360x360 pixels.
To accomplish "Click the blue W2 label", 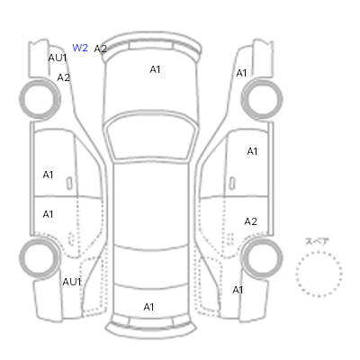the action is (x=80, y=48).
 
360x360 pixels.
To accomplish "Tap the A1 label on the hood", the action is (x=155, y=69).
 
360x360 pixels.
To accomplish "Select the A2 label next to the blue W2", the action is (x=100, y=49).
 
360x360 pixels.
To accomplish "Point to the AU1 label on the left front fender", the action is (x=58, y=58).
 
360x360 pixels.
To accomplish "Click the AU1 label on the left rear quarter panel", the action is (x=72, y=282).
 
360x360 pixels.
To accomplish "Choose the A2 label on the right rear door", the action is (x=251, y=221).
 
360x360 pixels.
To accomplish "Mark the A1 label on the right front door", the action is (x=252, y=151).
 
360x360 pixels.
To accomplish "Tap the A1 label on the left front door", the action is (x=48, y=175).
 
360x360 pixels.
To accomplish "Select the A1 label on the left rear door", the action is (x=48, y=214).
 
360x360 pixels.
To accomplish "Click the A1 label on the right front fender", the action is (x=241, y=73).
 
